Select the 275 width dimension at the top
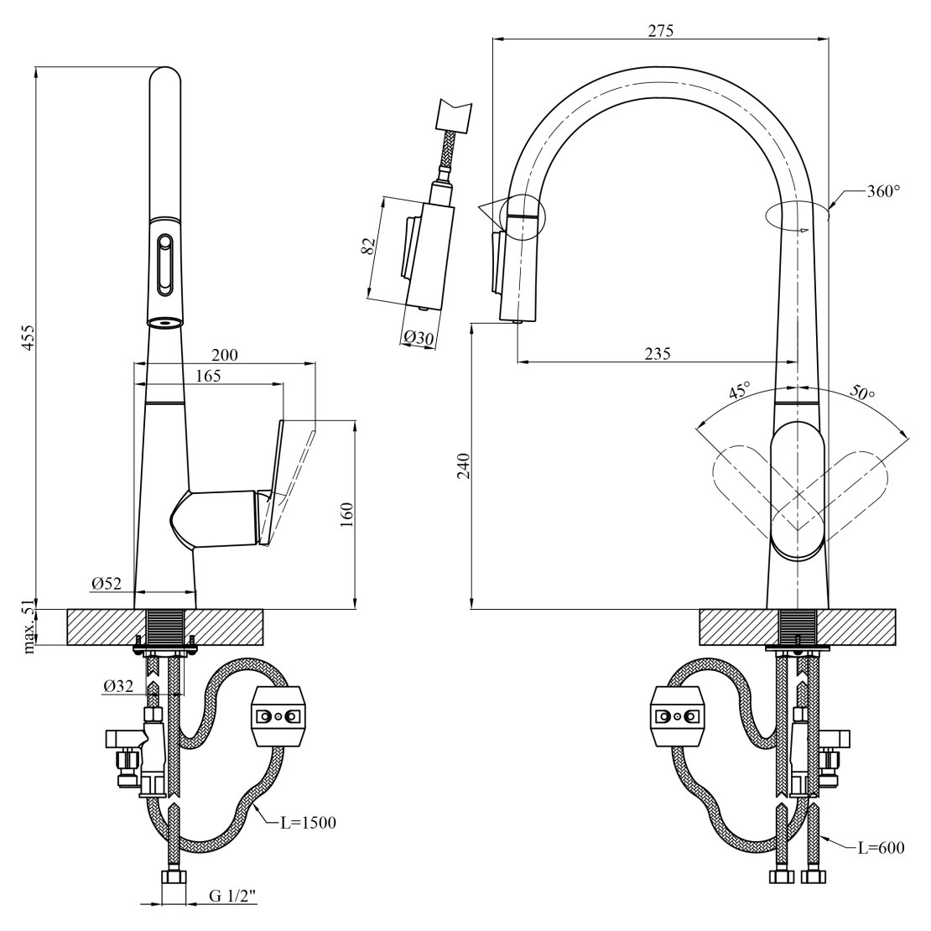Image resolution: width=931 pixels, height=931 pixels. (x=661, y=30)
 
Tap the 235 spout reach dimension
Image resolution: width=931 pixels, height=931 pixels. (x=658, y=353)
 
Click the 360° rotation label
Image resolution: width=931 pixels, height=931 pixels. (x=882, y=191)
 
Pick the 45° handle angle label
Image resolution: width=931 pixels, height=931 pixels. (x=739, y=390)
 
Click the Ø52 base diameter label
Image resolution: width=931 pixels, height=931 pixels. (x=107, y=583)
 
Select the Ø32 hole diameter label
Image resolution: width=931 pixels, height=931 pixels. (x=119, y=685)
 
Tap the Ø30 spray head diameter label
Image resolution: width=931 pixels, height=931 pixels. (x=419, y=337)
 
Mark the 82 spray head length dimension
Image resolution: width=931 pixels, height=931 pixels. (x=367, y=247)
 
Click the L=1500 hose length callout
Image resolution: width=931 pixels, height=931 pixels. (x=307, y=822)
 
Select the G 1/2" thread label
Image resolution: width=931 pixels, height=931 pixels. (x=232, y=897)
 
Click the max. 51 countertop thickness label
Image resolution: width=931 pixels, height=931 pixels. (x=29, y=627)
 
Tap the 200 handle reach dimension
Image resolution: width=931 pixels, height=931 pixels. (x=224, y=354)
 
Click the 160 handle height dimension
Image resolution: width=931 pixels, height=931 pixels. (x=346, y=512)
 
